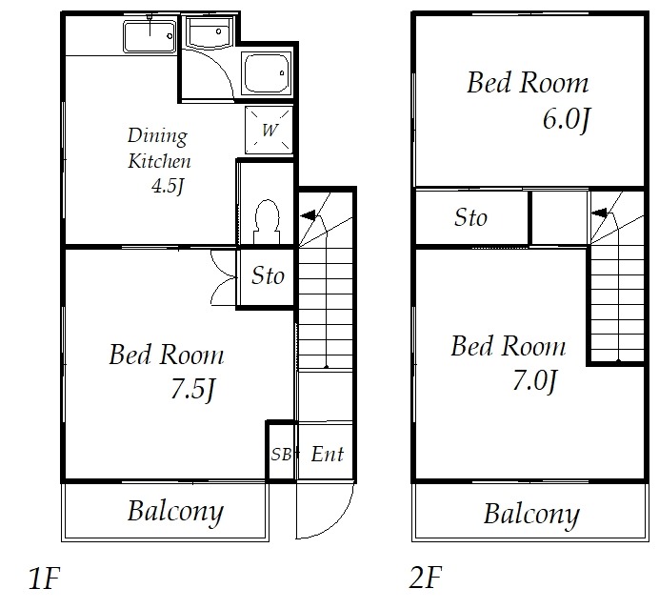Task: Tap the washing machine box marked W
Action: point(268,130)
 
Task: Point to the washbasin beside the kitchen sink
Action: point(208,35)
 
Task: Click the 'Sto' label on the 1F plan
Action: point(268,276)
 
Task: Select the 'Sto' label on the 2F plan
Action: point(470,218)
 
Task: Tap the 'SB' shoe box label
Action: point(281,455)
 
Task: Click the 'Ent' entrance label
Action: point(327,455)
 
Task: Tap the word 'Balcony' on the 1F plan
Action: point(175,512)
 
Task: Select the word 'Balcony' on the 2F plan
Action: point(530,515)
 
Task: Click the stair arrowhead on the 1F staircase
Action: point(307,217)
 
